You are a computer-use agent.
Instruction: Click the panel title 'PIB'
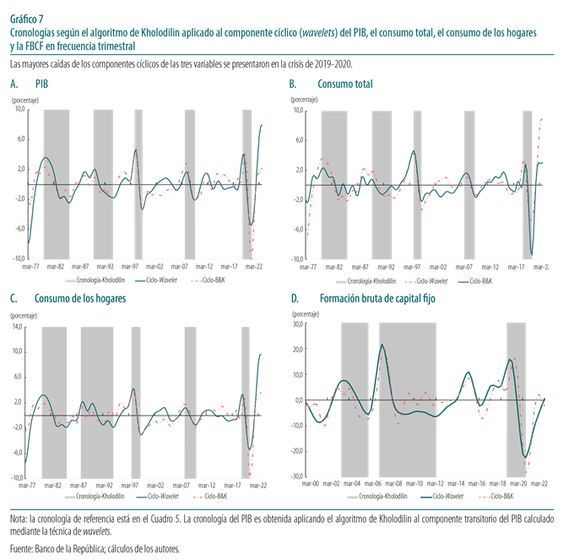pos(41,84)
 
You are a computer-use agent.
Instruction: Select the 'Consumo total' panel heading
pos(344,84)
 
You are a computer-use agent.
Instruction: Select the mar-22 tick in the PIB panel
pos(258,265)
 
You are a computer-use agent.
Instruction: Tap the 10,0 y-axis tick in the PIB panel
pos(21,110)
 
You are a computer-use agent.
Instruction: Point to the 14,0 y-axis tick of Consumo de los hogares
pos(18,325)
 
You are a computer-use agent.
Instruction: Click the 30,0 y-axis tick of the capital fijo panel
pos(297,323)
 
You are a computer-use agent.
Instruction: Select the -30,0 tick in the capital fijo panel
pos(297,476)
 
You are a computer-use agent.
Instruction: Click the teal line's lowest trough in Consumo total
pos(532,253)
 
